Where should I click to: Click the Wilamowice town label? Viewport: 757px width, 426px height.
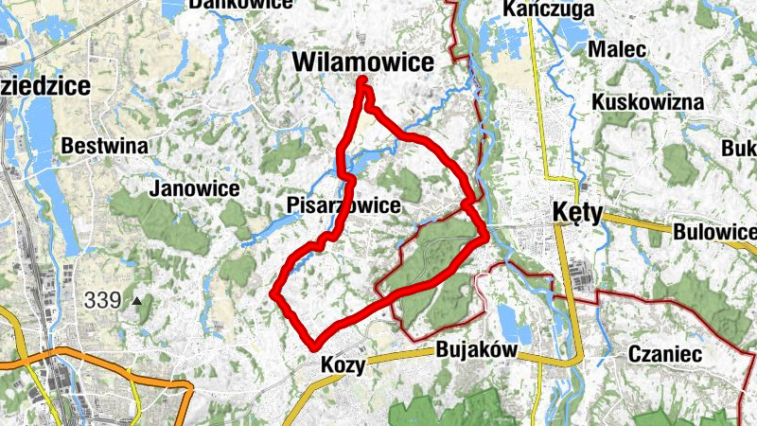[363, 62]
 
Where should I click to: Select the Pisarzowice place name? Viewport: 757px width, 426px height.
[342, 205]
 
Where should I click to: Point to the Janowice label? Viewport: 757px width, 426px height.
[194, 188]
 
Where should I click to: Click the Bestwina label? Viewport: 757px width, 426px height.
[104, 146]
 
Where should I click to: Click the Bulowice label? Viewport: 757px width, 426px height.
[714, 232]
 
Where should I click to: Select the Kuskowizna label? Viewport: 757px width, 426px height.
[648, 101]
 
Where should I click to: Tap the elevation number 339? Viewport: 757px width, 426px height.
[102, 301]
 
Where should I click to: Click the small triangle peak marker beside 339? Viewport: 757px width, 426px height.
[137, 301]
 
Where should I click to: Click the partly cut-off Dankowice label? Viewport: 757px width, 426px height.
[240, 4]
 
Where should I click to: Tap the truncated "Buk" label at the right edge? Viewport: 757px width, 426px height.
[739, 149]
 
